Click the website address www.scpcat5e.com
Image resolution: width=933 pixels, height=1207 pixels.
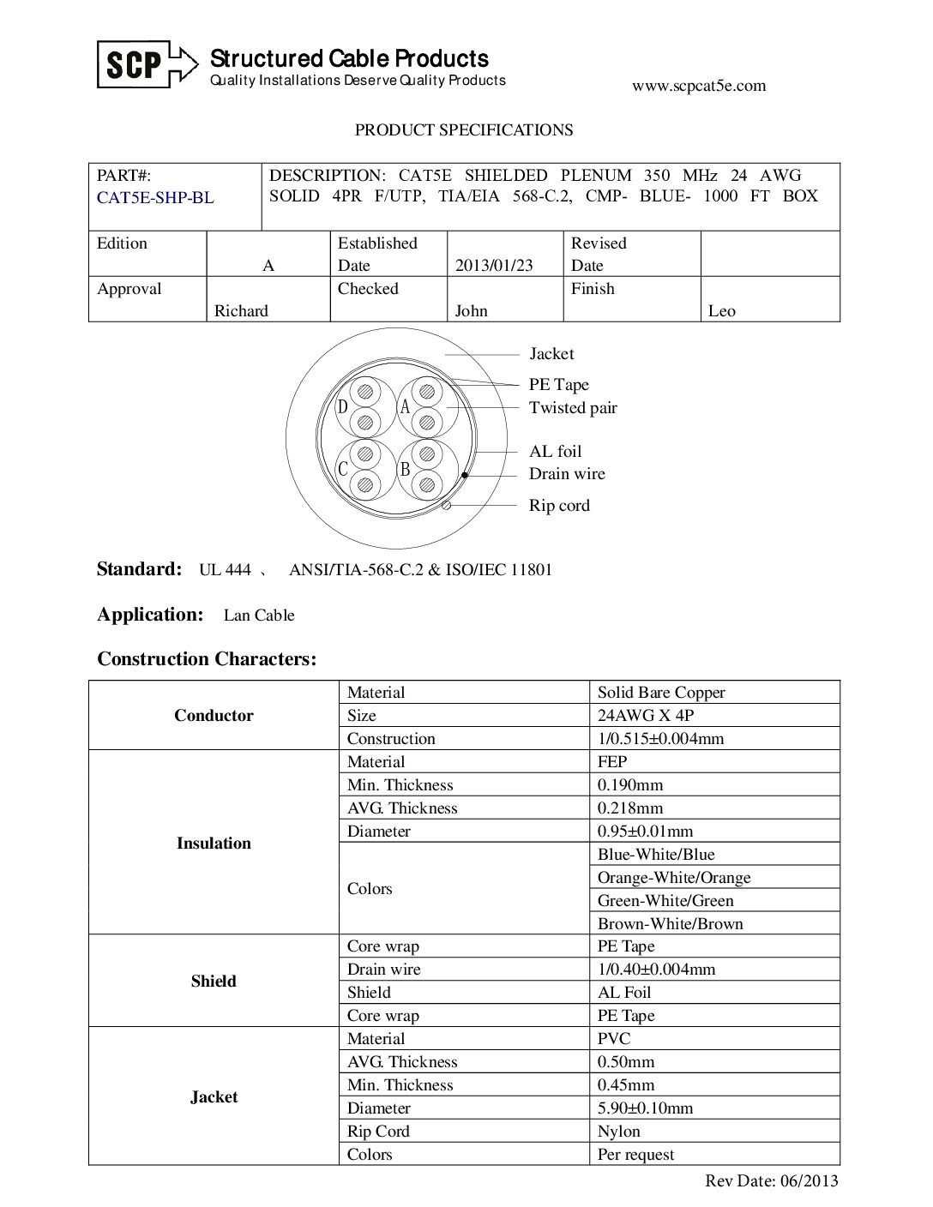click(698, 86)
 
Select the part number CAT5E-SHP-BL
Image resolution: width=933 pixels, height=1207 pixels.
click(155, 198)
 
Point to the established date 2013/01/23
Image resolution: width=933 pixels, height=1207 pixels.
click(494, 266)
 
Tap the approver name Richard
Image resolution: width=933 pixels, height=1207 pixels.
click(241, 311)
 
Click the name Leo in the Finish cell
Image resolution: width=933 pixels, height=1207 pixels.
click(721, 311)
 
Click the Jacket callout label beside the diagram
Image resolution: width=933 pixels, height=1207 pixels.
click(551, 354)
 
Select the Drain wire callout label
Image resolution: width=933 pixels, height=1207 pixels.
click(567, 474)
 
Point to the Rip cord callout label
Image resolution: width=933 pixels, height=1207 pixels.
click(559, 506)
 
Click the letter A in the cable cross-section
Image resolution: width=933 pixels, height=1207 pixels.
click(405, 407)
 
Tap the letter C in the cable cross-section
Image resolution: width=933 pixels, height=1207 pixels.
click(342, 470)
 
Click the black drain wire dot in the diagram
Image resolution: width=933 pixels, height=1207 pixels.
click(465, 474)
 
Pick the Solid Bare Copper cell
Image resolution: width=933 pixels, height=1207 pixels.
click(661, 693)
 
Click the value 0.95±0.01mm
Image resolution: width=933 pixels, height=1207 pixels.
click(645, 832)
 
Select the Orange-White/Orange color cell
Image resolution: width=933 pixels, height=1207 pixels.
click(674, 878)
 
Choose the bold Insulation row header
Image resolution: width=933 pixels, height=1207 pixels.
click(214, 844)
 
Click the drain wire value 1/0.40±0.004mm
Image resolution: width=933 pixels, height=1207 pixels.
click(656, 970)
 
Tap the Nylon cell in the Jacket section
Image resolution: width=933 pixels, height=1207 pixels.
click(618, 1132)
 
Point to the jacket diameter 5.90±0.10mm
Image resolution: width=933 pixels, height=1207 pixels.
click(645, 1108)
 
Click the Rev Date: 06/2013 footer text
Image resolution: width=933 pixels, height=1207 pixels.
click(771, 1181)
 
